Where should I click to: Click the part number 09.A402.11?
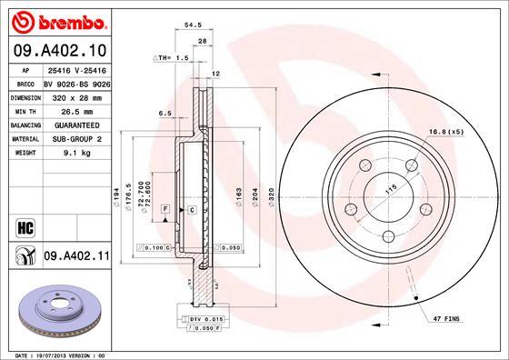tap(77, 258)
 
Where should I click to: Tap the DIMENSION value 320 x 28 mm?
tap(78, 95)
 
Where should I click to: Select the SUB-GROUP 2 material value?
tap(78, 138)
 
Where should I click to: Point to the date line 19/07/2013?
tap(59, 353)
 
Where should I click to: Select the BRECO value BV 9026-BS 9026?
tap(76, 80)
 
